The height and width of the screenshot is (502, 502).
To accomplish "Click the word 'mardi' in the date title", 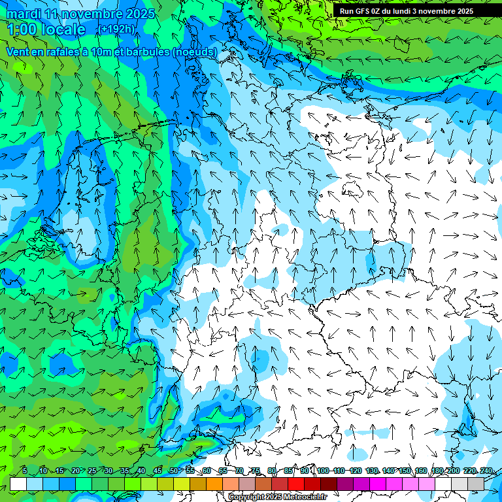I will coord(23,14).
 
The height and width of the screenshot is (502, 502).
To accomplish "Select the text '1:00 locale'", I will coord(46,29).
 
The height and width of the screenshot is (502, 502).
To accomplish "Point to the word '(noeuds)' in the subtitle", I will coord(195,52).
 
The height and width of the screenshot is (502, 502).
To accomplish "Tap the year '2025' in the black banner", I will coord(461,11).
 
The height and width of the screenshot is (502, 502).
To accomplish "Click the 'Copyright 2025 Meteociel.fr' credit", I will coord(277,497).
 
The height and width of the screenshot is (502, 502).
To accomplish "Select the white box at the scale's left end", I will coord(18,484).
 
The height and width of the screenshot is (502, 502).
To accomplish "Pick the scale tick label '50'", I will coord(173,471).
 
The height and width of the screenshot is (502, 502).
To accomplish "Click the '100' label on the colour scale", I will coord(322,471).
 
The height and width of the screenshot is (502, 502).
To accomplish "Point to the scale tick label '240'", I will coord(486,471).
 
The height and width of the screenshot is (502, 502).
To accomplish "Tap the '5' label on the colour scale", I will coord(25,471).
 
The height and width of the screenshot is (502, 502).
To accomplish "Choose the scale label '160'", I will coord(420,471).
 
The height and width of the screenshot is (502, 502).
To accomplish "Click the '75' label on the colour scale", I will coord(256,471).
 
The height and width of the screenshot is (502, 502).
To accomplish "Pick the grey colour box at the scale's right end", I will coord(476,484).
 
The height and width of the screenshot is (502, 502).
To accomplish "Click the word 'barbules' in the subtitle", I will coord(147,52).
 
